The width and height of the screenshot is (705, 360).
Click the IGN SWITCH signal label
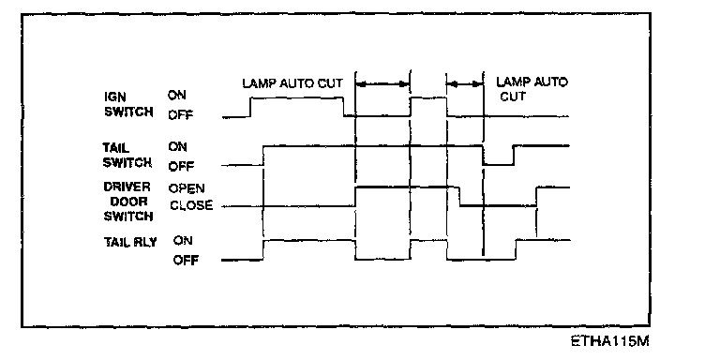tap(128, 104)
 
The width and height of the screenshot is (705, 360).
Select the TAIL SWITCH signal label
tap(127, 155)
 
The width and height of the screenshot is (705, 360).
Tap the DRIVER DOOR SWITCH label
tap(127, 202)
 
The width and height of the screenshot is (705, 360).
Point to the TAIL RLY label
tap(130, 242)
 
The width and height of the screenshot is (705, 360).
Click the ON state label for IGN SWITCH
tap(176, 96)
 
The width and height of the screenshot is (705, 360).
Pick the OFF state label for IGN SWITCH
tap(180, 115)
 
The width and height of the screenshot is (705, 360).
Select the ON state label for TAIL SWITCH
tap(177, 147)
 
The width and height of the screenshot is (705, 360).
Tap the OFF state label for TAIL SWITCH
tap(181, 167)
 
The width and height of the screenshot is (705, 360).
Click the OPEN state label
tap(187, 188)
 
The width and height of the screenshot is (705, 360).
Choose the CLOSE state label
tap(191, 205)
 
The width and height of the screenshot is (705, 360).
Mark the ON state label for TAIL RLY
tap(183, 240)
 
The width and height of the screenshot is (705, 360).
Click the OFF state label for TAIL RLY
tap(186, 261)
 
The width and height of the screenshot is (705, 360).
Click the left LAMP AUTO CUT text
tap(292, 83)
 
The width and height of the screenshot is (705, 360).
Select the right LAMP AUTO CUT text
tap(532, 89)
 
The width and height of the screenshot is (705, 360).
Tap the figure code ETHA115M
tap(609, 341)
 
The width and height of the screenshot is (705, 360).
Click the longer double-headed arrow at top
tap(382, 83)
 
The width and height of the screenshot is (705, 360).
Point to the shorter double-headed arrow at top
tap(465, 84)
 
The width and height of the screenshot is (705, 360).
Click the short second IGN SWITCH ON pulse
tap(428, 97)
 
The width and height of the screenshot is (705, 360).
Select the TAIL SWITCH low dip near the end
tap(498, 164)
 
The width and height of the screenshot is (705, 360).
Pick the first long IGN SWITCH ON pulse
tap(297, 97)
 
